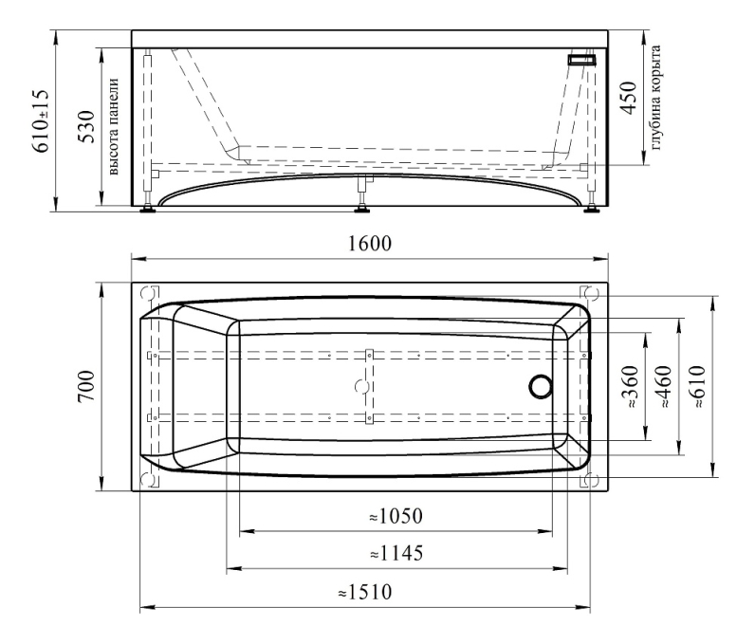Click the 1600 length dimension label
point(370,244)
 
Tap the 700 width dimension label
point(86,387)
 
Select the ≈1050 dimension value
point(396,517)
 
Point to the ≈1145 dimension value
point(396,554)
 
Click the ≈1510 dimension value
point(365,592)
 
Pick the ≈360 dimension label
point(631,387)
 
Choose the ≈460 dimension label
point(664,387)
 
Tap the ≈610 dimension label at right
point(698,387)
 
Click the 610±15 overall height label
point(41,120)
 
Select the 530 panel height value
point(87,126)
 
